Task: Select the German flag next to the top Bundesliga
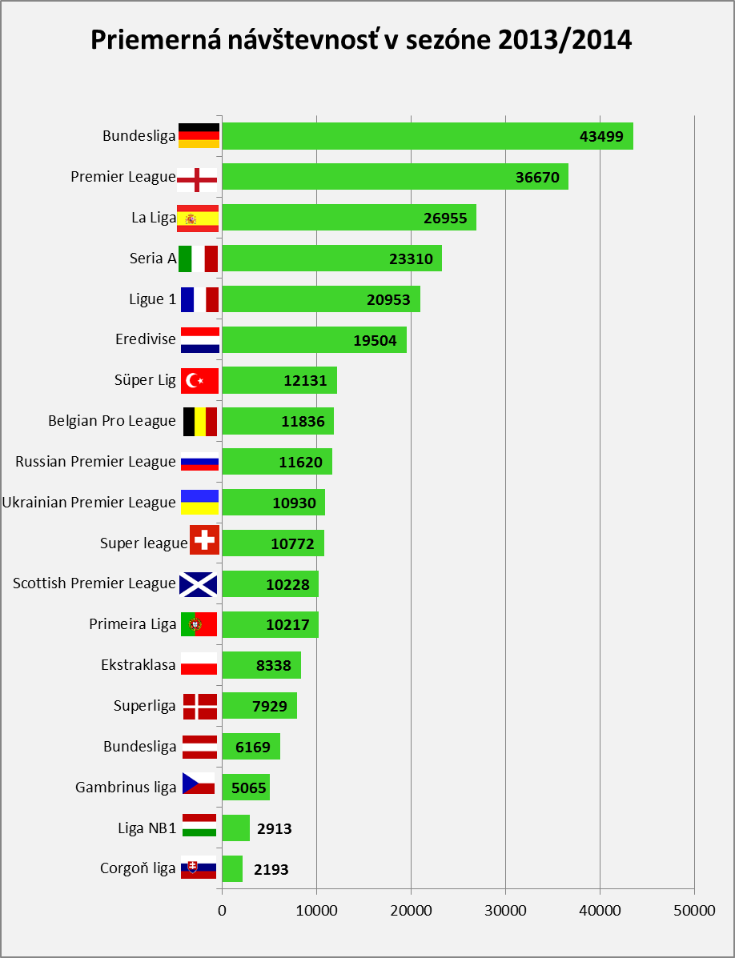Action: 199,135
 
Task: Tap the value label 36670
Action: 538,177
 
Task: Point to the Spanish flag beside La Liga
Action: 197,218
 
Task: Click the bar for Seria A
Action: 331,259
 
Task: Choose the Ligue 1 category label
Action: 152,299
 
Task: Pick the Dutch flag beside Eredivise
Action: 200,340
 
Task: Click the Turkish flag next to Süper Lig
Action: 200,381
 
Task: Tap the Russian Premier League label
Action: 95,462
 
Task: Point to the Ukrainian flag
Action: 200,503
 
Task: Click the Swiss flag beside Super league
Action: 205,539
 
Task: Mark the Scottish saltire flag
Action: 198,584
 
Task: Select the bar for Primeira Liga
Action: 270,624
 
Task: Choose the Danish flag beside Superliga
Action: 200,706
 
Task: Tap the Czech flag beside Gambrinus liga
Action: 199,783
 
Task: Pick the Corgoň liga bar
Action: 232,869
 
